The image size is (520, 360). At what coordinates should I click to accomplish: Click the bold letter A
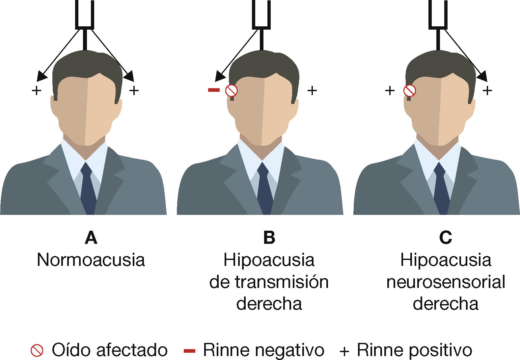pos(91,238)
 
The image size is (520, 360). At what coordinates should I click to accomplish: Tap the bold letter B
pos(269,238)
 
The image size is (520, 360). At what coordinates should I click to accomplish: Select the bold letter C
pos(445,238)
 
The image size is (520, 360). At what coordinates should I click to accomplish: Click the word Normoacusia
pos(91,260)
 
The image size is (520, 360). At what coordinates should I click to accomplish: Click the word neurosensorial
pos(446,282)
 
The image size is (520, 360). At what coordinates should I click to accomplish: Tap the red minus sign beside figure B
pos(214,90)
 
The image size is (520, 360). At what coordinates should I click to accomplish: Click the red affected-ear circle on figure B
pos(232,90)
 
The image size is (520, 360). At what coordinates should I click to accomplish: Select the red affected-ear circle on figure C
pos(410,90)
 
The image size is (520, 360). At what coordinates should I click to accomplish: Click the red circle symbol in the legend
pos(37,350)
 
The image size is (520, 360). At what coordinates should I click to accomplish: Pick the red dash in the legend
pos(189,351)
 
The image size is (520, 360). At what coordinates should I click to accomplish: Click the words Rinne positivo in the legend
pos(414,350)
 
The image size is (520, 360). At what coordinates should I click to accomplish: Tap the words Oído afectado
pos(109,350)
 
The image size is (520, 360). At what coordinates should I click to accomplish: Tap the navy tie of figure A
pos(88,191)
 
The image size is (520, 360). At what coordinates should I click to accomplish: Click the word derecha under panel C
pos(446,304)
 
